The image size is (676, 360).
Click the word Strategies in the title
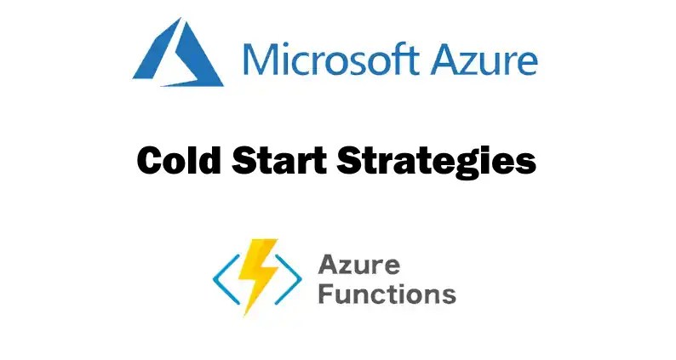click(x=434, y=161)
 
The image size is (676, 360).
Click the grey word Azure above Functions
click(x=359, y=265)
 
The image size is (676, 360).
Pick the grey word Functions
click(x=387, y=294)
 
